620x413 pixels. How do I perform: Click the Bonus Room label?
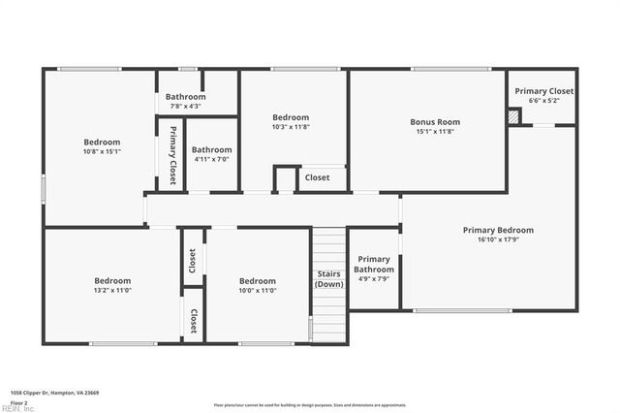435,122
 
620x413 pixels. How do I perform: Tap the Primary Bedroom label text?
498,230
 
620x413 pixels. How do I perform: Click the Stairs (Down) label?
329,278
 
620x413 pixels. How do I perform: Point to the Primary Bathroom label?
374,264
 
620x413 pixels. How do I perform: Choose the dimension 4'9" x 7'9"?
374,279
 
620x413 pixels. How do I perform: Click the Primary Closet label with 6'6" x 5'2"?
543,91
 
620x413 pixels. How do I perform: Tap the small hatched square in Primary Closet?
514,116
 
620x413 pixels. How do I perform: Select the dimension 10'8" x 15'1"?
102,151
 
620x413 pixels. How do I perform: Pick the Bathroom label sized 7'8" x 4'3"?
185,97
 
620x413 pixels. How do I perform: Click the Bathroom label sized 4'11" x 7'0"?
211,149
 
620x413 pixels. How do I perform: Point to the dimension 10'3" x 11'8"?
290,127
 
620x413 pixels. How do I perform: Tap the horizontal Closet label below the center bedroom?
317,177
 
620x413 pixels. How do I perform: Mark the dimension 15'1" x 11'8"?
435,132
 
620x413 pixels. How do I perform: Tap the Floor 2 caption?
19,401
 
